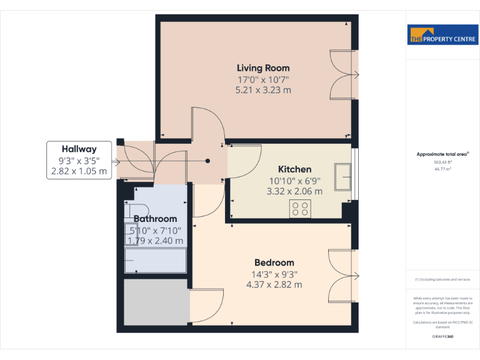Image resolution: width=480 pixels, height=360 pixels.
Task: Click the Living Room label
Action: [262, 67]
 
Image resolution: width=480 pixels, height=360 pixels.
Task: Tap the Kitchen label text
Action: [294, 169]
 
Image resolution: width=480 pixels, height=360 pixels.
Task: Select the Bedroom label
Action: [274, 262]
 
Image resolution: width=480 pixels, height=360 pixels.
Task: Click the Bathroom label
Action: [155, 219]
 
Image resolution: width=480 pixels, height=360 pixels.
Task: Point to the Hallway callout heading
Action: [79, 149]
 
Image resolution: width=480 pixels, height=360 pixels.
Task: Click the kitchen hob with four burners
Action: [301, 209]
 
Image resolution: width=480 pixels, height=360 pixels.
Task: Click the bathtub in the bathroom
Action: [156, 260]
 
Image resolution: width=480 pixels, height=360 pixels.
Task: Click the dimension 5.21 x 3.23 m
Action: [262, 90]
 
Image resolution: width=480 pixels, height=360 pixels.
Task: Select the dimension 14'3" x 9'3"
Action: [274, 274]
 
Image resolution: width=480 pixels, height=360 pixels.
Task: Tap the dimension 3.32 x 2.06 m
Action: [294, 191]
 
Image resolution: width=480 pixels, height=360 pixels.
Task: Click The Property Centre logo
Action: [442, 35]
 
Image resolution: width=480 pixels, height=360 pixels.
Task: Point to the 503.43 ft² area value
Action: [442, 162]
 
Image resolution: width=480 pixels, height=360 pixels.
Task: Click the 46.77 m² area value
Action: [442, 169]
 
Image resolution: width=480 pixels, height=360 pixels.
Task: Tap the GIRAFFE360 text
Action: [442, 336]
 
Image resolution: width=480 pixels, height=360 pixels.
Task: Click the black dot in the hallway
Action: [208, 161]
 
